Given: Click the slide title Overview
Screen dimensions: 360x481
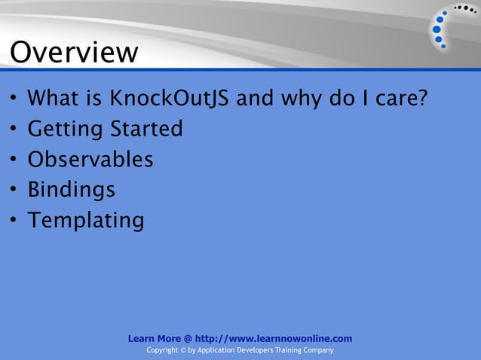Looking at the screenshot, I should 74,52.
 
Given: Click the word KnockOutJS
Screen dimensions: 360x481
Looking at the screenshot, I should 171,99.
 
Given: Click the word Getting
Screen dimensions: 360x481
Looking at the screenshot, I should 66,130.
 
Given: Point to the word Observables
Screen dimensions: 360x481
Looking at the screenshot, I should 90,160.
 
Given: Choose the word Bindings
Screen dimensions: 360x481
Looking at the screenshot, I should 72,190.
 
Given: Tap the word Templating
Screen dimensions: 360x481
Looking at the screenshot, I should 85,221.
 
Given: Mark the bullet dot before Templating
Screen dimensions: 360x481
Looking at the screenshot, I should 14,221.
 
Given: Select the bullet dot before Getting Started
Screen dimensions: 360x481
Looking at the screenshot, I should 14,130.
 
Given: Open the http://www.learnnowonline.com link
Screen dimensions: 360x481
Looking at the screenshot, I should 273,339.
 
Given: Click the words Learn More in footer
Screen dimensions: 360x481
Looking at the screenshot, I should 155,339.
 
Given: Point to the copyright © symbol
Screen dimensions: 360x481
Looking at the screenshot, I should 182,351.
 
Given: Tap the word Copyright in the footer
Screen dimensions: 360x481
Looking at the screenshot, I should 161,351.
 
